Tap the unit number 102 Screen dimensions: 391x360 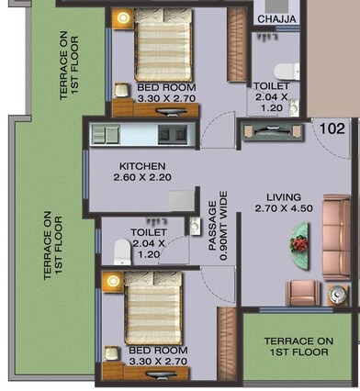[x=332, y=129]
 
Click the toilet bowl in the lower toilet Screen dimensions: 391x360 [x=120, y=251]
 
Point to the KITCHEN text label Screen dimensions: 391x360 [x=141, y=166]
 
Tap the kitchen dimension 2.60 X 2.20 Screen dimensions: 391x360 [x=141, y=177]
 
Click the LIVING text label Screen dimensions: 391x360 [x=284, y=196]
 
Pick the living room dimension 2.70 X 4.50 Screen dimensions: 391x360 [x=284, y=208]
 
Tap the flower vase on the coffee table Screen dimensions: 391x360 [x=299, y=243]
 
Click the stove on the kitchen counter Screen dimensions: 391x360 [x=171, y=134]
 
